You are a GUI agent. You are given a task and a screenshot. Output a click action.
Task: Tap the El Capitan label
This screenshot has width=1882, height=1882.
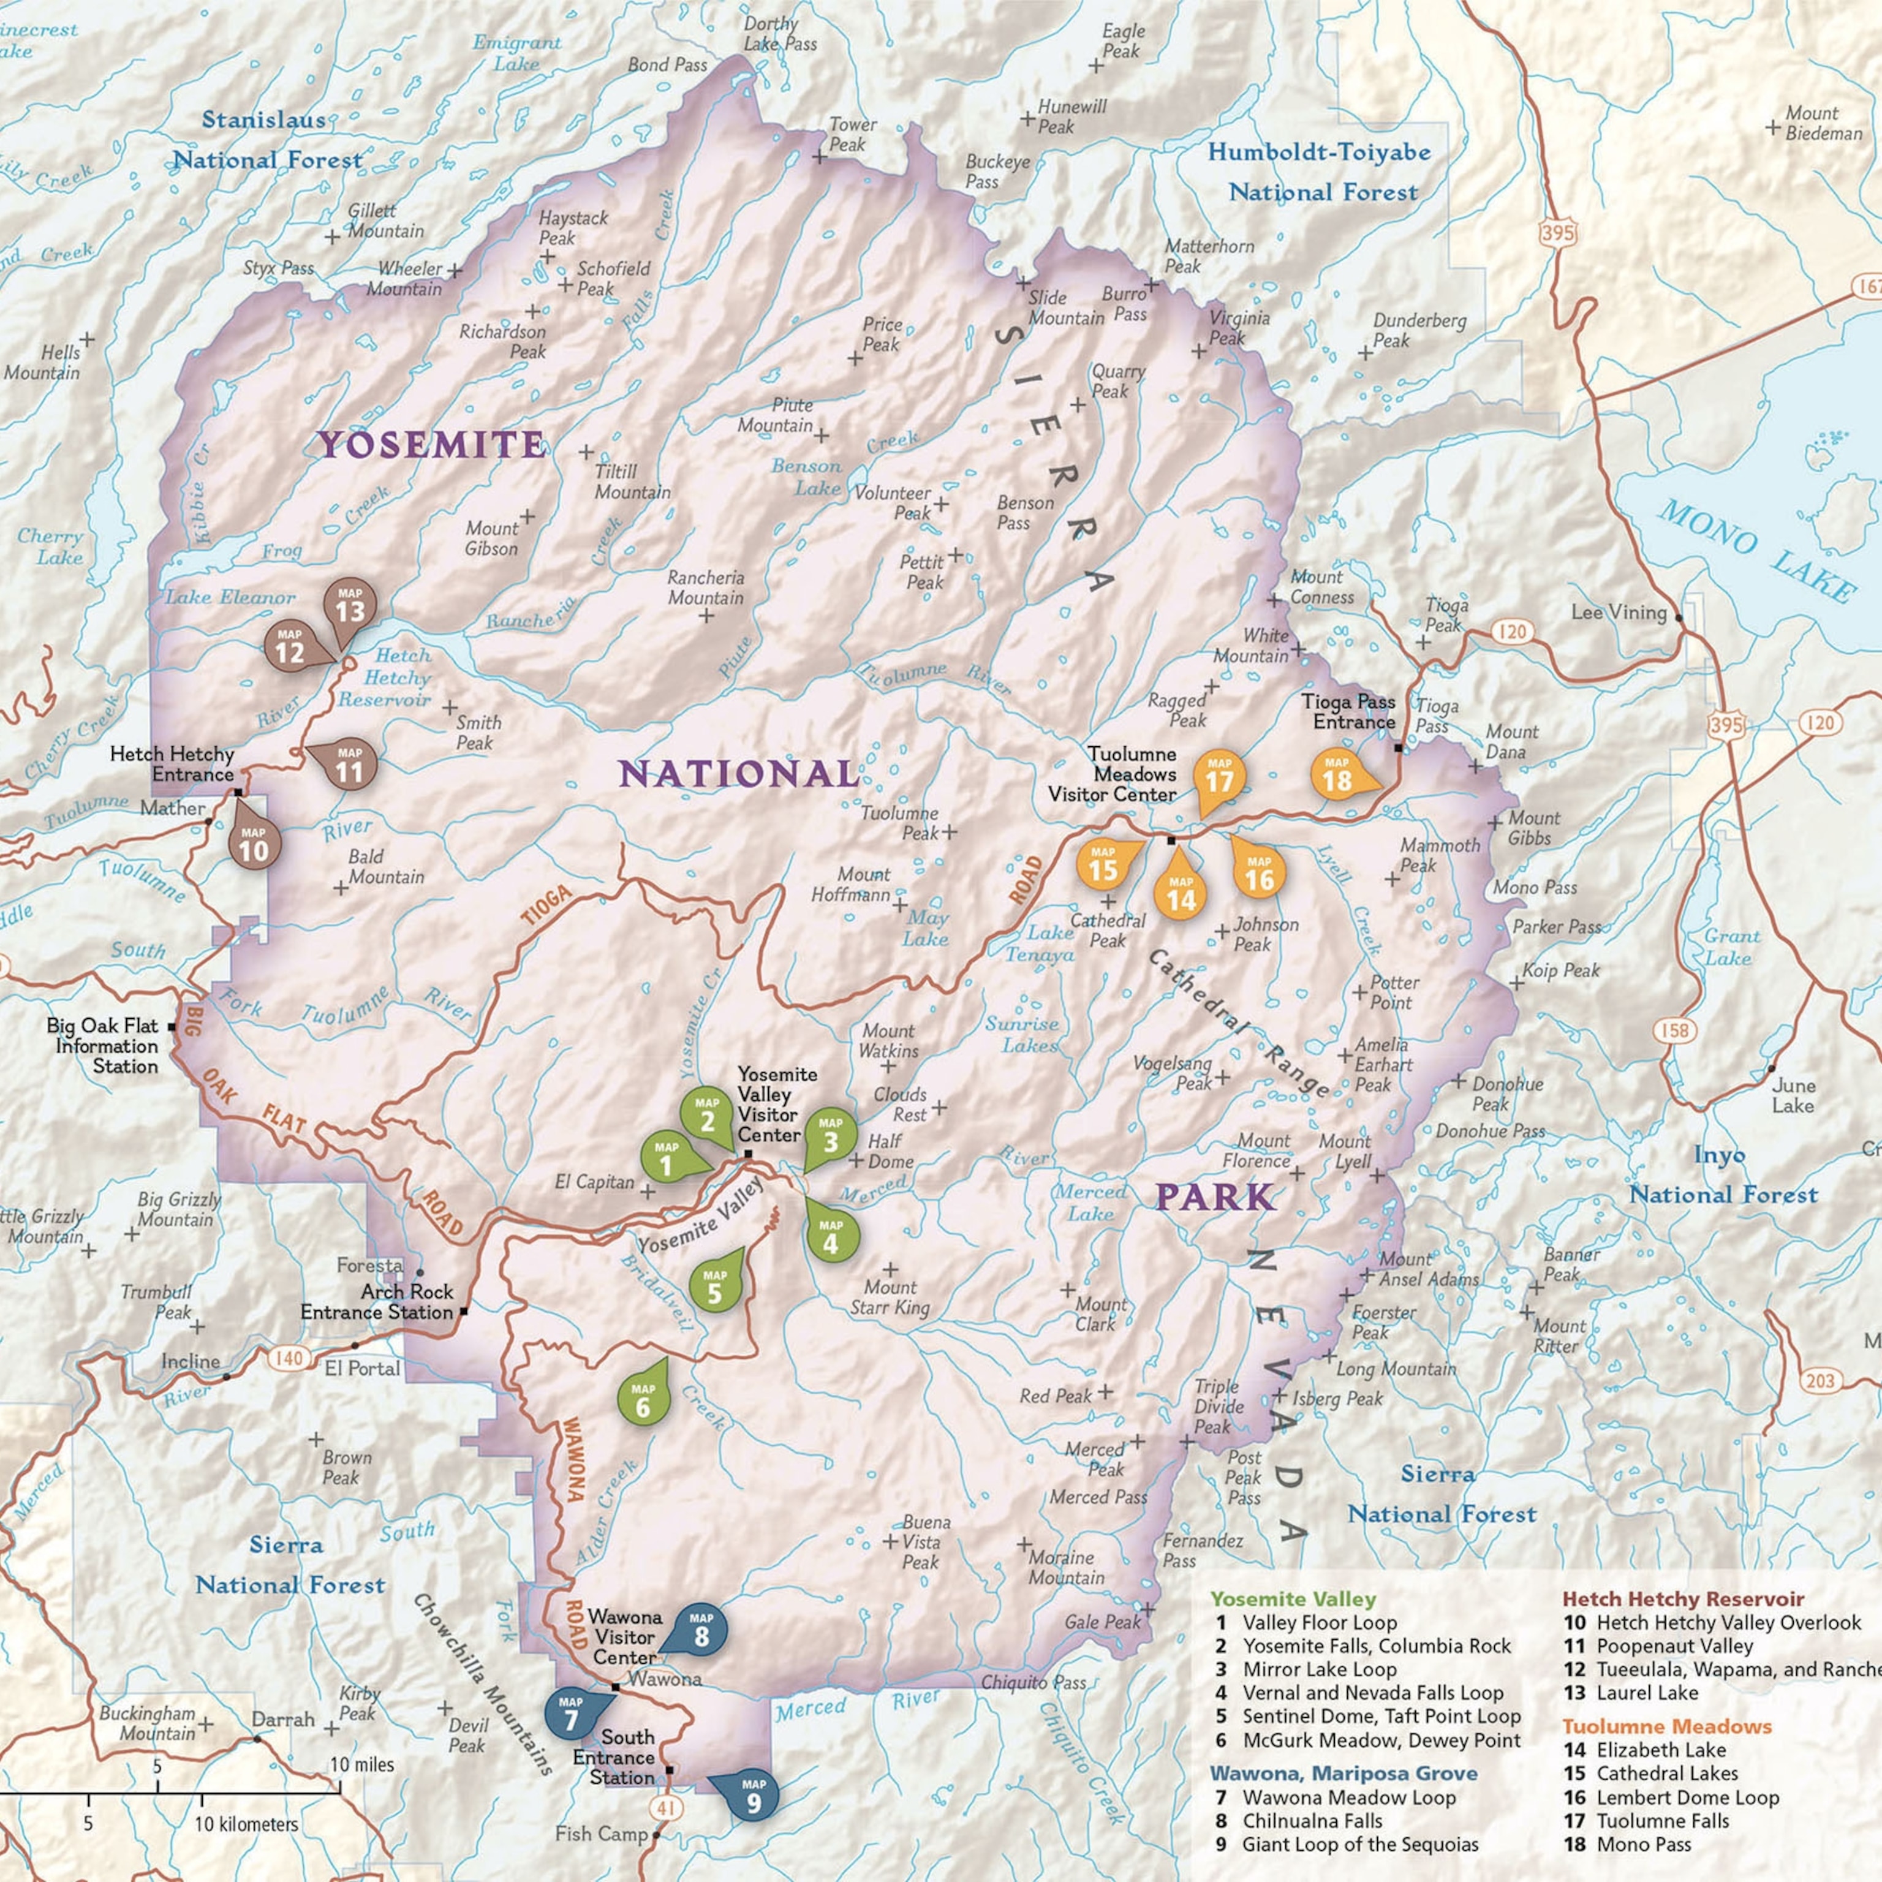[x=594, y=1182]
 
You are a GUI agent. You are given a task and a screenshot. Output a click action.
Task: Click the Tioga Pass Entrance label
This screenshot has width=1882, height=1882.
[x=1348, y=711]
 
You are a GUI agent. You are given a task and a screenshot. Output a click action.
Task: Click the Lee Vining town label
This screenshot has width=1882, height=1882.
[x=1619, y=613]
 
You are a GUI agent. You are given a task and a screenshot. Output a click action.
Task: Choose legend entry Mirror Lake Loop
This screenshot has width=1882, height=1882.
[x=1319, y=1669]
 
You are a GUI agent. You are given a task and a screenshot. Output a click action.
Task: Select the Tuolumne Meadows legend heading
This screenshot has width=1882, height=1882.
[x=1667, y=1726]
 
